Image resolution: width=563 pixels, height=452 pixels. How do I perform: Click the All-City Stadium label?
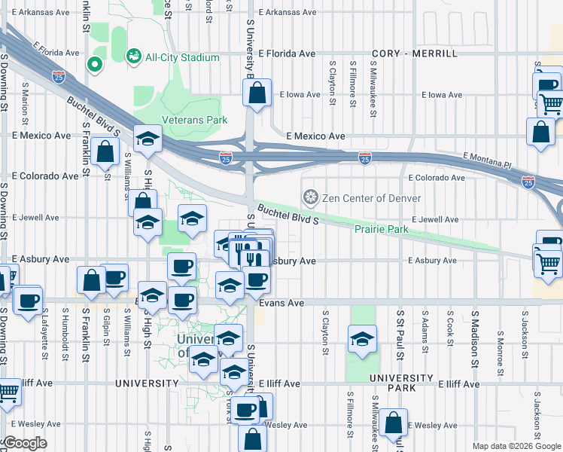(x=182, y=57)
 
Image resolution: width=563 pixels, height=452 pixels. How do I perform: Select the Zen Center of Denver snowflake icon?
(x=309, y=198)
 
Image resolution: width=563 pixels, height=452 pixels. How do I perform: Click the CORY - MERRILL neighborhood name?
(x=415, y=54)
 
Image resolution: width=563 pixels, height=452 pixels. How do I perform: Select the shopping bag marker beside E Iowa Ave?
(x=257, y=94)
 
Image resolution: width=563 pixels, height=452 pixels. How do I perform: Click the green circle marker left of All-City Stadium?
(x=95, y=65)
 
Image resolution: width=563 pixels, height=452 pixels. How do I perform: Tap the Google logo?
(x=24, y=443)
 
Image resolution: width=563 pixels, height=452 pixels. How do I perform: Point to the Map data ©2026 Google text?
(x=516, y=446)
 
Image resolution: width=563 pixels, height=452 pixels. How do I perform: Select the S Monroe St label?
(x=500, y=351)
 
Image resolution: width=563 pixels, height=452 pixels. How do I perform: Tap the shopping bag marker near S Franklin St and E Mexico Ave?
(x=107, y=151)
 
